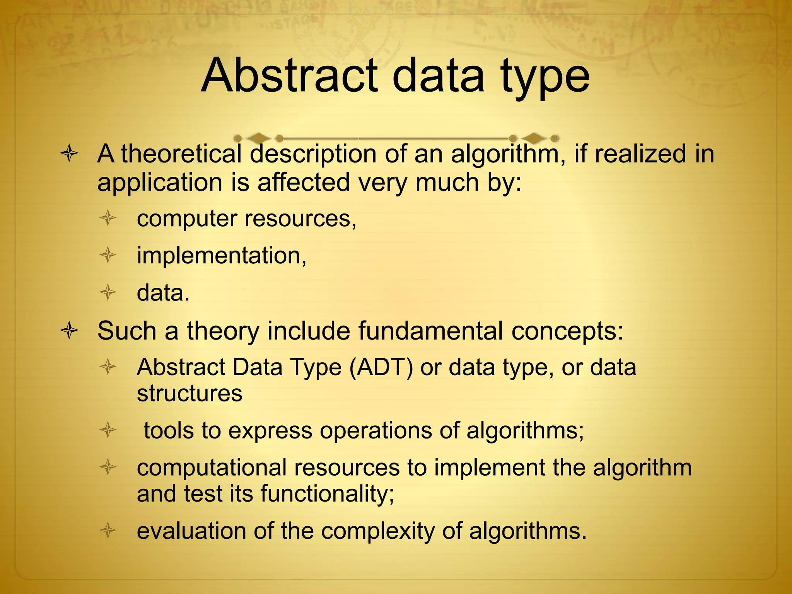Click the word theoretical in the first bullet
pyautogui.click(x=181, y=154)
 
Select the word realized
pyautogui.click(x=640, y=154)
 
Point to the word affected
pyautogui.click(x=304, y=182)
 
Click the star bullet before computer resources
pyautogui.click(x=108, y=218)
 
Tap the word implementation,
pyautogui.click(x=222, y=256)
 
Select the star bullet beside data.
pyautogui.click(x=108, y=292)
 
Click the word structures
pyautogui.click(x=189, y=393)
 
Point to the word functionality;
pyautogui.click(x=327, y=494)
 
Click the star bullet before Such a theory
pyautogui.click(x=70, y=331)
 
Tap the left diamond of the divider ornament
pyautogui.click(x=258, y=138)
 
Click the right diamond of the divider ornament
pyautogui.click(x=534, y=138)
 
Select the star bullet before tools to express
pyautogui.click(x=108, y=430)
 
